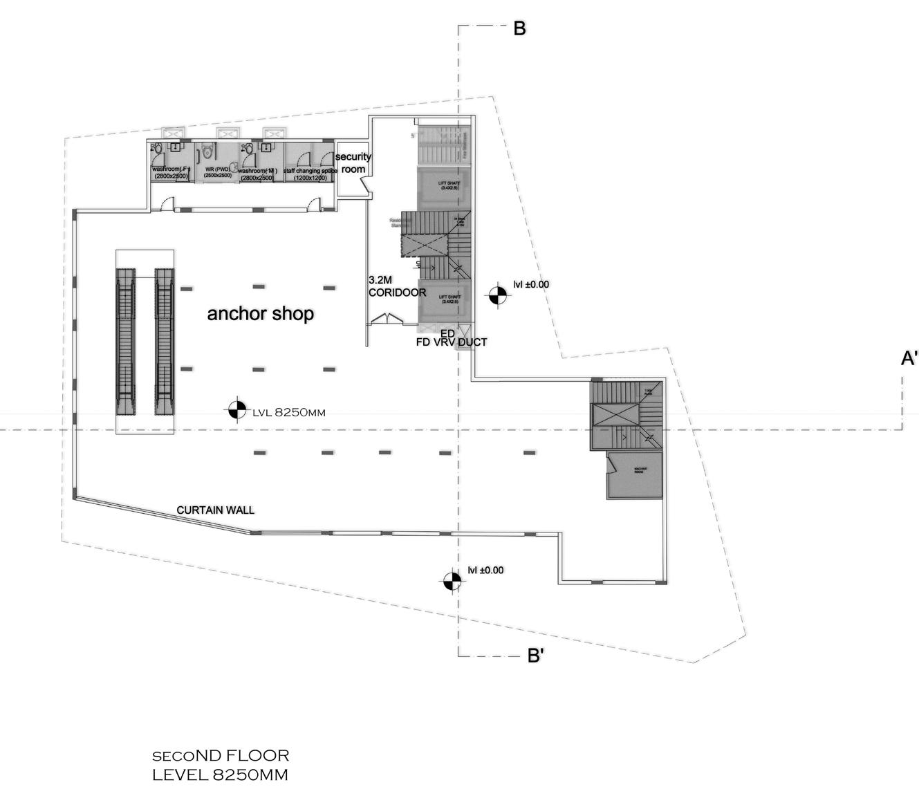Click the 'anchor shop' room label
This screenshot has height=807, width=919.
point(261,314)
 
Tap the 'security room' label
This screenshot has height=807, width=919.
point(353,163)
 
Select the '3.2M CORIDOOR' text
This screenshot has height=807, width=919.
point(396,286)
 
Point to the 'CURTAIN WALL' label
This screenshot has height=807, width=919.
point(215,510)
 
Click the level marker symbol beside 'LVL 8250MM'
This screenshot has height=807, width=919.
point(235,410)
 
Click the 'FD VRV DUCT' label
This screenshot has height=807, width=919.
point(451,342)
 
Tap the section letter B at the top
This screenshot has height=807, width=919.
point(519,28)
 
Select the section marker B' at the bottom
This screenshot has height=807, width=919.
point(535,655)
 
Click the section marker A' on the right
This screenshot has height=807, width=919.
point(909,358)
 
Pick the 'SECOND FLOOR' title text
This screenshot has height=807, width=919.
point(221,755)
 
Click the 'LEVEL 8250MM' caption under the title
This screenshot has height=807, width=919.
point(220,774)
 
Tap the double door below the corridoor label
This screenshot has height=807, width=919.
point(386,319)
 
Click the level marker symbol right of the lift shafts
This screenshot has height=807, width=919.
point(496,295)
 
